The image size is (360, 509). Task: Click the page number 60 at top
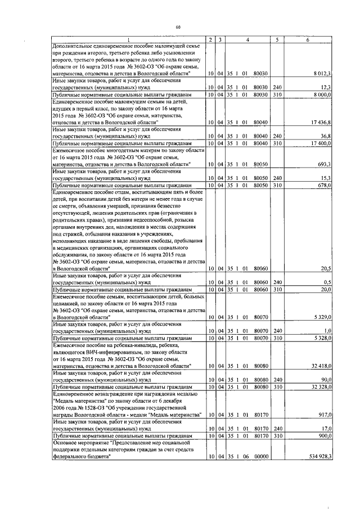tap(178, 27)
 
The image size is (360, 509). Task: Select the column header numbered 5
tap(277, 39)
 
